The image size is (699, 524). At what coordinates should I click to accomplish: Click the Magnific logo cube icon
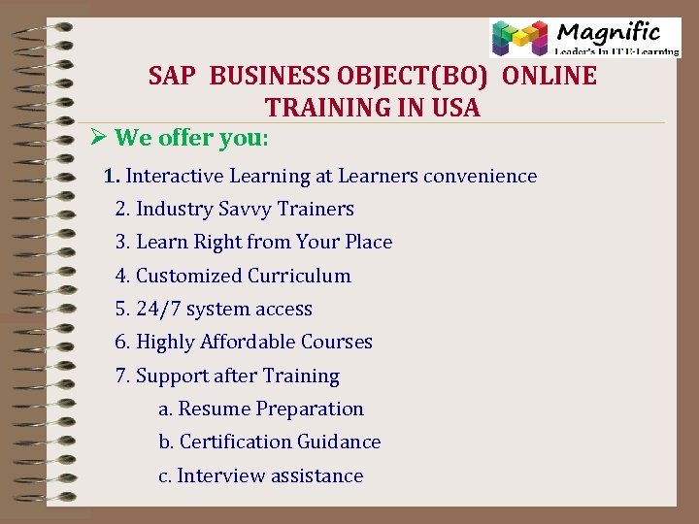tap(519, 38)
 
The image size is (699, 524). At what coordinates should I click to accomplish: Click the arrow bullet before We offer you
tap(96, 138)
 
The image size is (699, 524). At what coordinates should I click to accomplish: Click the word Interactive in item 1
tap(173, 176)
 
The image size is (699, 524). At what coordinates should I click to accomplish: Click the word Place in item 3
tap(369, 242)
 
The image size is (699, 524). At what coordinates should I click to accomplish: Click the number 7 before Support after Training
tap(121, 376)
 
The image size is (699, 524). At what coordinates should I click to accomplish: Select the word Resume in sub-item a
tap(210, 409)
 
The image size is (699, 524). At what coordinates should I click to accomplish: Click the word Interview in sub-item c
tap(216, 475)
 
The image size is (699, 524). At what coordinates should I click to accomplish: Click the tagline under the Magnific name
tap(616, 51)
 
